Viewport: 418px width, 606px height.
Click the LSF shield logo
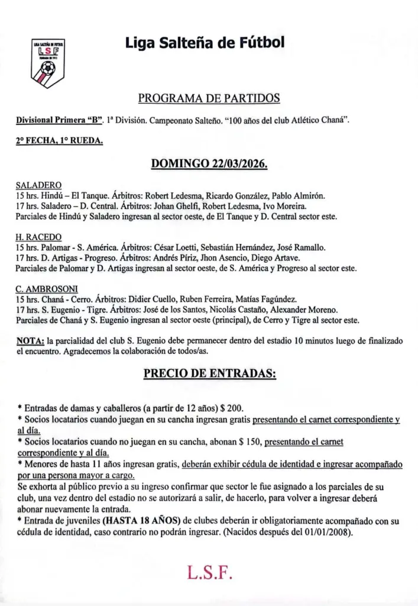point(48,63)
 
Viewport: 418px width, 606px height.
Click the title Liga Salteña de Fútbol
point(205,43)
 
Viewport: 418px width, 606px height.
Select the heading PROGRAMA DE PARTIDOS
point(209,98)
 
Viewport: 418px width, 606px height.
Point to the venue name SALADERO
point(38,185)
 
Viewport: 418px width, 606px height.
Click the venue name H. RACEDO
point(38,237)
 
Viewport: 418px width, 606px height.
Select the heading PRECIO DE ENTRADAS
point(209,374)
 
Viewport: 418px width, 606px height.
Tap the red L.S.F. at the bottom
point(209,573)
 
